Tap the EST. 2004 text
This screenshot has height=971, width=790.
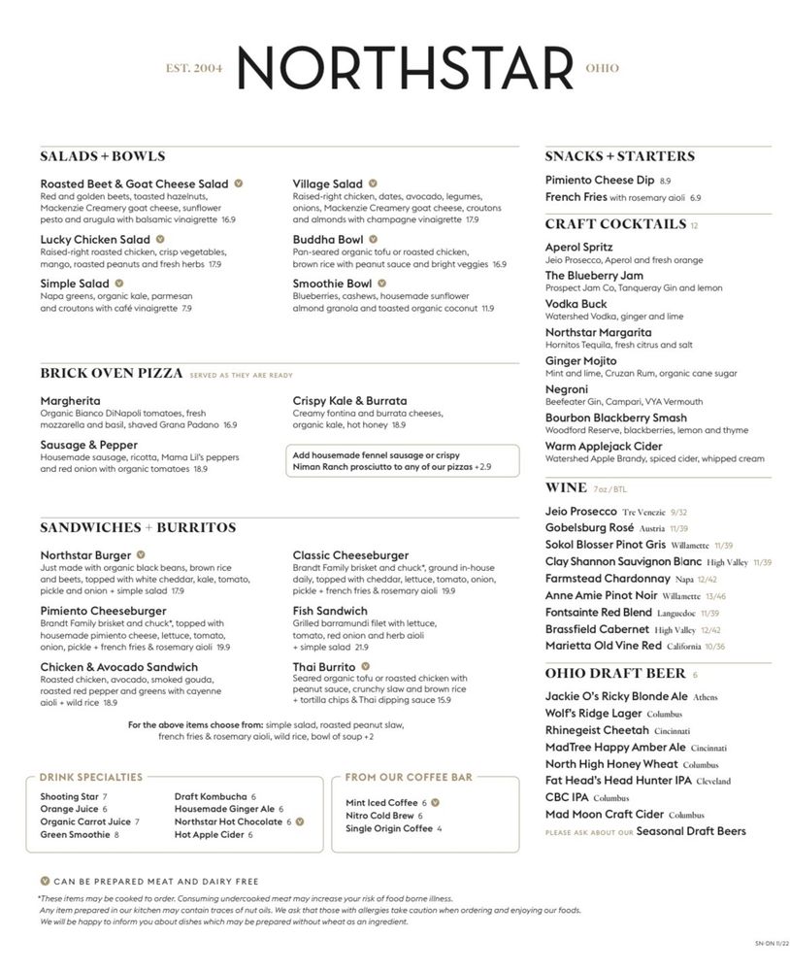194,69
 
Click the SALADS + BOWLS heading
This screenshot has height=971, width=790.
103,156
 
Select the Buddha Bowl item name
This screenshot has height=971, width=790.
328,239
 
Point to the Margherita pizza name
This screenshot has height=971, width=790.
70,400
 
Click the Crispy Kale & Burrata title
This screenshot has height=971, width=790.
349,400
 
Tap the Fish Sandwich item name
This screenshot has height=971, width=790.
330,611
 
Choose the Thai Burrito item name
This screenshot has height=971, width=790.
323,667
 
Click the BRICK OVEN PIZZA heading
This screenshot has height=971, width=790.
112,373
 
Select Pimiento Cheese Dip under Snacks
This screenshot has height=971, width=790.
599,180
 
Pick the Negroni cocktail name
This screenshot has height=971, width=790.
566,389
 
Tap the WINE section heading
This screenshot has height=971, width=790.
566,487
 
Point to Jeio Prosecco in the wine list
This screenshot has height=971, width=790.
580,511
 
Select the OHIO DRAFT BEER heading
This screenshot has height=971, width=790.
615,673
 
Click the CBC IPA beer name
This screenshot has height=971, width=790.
566,797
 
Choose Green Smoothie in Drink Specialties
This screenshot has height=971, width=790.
75,834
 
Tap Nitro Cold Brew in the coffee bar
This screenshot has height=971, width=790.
379,816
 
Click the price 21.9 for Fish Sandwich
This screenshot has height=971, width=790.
361,647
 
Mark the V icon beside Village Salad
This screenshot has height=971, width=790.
373,184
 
